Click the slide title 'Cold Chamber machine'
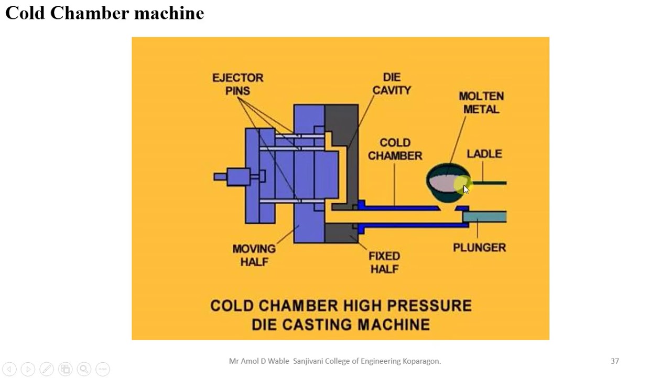(104, 13)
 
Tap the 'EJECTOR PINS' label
(237, 84)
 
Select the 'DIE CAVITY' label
(391, 84)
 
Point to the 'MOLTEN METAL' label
(481, 102)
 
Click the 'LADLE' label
(484, 154)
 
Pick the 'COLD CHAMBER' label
(395, 149)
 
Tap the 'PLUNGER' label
(479, 247)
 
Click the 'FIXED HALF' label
(384, 262)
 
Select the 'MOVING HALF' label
(254, 255)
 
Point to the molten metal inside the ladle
(443, 183)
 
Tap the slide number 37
(615, 361)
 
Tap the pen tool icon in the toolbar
(46, 369)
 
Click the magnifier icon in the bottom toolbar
(84, 369)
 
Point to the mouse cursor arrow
(466, 189)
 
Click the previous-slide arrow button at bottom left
(9, 369)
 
